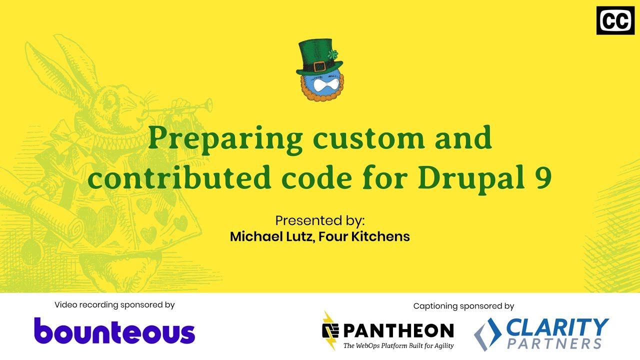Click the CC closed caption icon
(x=615, y=21)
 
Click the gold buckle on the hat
(x=319, y=66)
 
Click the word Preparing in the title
(x=225, y=139)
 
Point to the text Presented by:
(x=320, y=220)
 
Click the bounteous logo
(x=114, y=331)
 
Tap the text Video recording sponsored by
(x=114, y=304)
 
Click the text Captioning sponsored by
(x=463, y=306)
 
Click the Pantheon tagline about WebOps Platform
(x=398, y=345)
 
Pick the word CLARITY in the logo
(x=557, y=327)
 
